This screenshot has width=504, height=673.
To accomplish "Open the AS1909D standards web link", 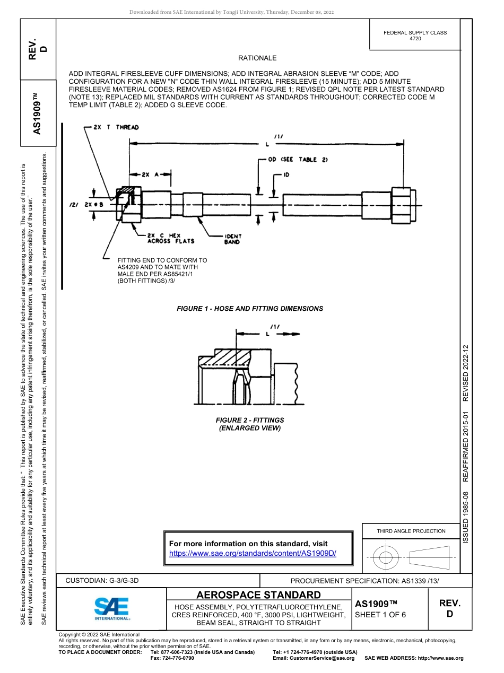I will click(253, 553).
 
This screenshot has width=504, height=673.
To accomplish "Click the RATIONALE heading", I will click(257, 58).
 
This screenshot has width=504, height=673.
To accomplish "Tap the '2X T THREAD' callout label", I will click(116, 127).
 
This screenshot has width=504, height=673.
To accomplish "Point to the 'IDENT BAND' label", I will click(232, 239).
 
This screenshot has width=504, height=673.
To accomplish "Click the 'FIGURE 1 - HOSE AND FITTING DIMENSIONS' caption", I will click(249, 309).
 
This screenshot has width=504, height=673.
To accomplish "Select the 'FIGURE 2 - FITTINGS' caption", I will click(249, 420).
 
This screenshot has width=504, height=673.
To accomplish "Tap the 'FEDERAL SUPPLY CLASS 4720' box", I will click(415, 36).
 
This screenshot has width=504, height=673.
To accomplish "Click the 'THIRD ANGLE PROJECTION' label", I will click(411, 531).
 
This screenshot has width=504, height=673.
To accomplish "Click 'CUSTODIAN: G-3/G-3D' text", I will click(102, 581).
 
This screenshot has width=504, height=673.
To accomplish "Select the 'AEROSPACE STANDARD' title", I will click(258, 595).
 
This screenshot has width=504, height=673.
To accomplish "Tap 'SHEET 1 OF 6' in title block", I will click(380, 615).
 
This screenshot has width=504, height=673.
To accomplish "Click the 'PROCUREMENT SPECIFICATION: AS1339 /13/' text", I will click(364, 581).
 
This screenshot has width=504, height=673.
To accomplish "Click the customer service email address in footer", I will click(313, 658).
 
